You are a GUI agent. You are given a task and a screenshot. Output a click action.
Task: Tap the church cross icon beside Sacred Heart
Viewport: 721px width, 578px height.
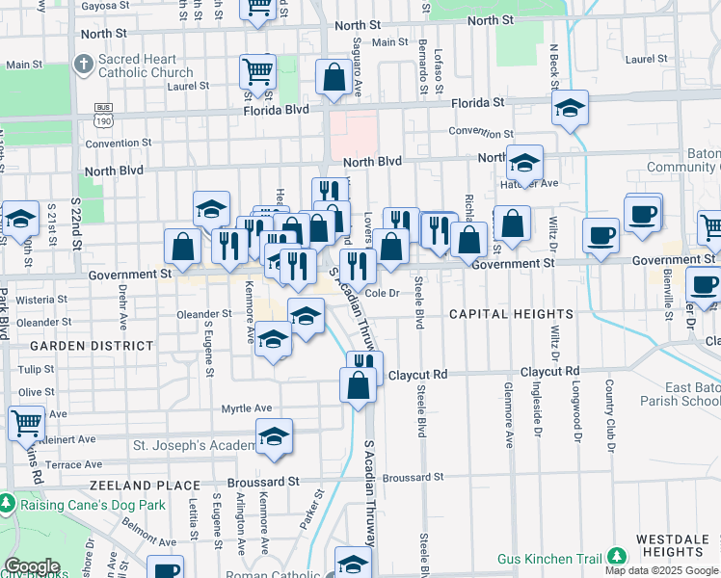pos(84,66)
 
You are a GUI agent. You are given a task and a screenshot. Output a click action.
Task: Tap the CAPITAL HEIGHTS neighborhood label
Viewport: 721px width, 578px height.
pos(511,314)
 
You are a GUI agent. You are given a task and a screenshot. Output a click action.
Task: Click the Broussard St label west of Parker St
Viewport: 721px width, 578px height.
pos(263,481)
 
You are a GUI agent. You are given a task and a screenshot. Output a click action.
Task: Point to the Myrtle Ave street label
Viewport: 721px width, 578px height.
pos(248,408)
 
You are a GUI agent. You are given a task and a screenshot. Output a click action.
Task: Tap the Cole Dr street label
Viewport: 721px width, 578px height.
pos(382,292)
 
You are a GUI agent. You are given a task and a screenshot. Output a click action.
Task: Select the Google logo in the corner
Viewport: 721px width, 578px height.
pos(32,566)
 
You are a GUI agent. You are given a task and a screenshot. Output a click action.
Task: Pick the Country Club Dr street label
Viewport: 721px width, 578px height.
pos(609,415)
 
